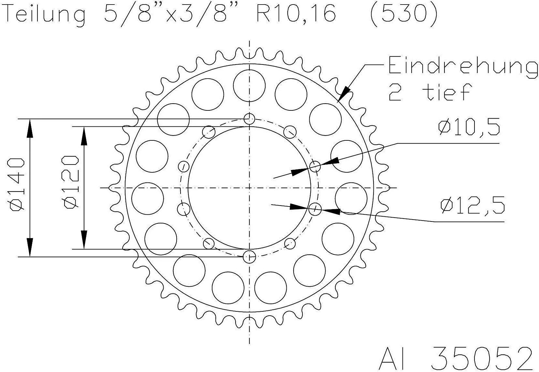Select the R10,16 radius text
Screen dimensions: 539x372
[296, 14]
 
